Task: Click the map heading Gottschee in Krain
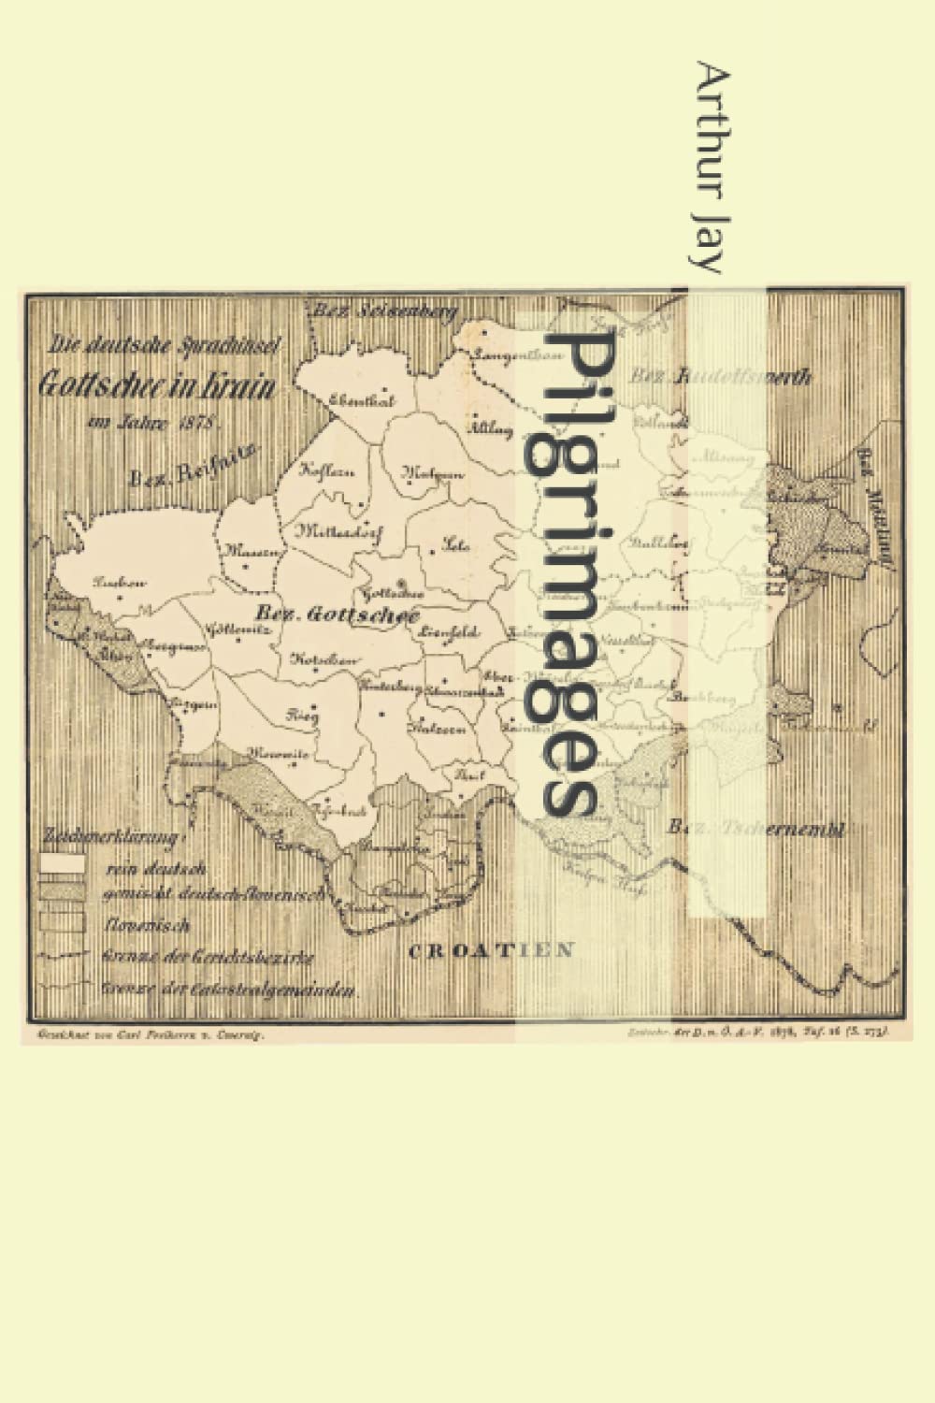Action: tap(156, 384)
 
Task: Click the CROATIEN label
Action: tap(491, 951)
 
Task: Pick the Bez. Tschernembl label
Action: tap(757, 828)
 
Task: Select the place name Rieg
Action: tap(302, 715)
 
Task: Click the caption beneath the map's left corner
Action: tap(148, 1034)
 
